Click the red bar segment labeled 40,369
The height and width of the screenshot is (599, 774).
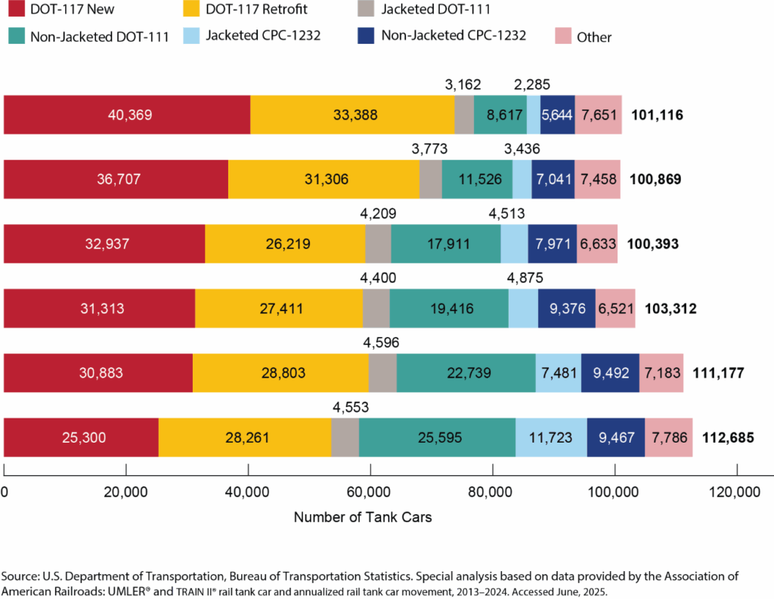click(127, 115)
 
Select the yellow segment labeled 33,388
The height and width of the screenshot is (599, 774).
click(352, 115)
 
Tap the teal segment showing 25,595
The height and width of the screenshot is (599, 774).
click(437, 437)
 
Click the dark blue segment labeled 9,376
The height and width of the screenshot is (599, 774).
click(566, 309)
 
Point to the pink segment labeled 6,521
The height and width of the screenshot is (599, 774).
click(615, 309)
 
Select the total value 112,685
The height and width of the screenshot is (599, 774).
click(728, 437)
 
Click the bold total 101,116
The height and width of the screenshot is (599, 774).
click(658, 115)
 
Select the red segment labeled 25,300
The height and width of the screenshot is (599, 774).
click(81, 437)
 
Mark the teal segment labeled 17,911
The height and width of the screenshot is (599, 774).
click(446, 244)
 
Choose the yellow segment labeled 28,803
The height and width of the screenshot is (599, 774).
click(280, 373)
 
